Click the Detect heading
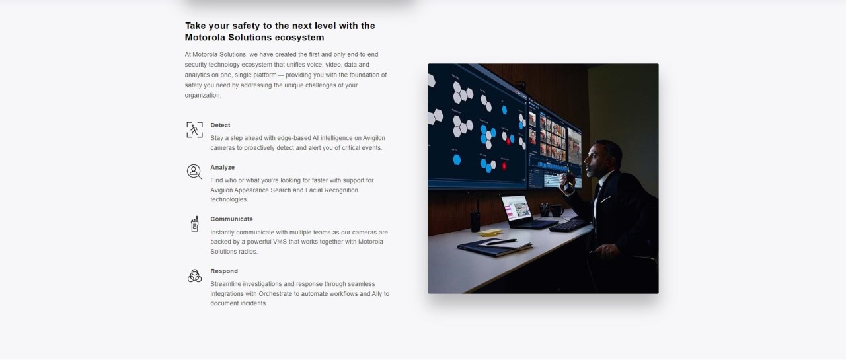220,126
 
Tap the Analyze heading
223,168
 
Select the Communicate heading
231,219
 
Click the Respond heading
224,271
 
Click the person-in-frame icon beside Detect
194,130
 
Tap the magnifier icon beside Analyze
194,172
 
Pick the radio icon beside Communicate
194,224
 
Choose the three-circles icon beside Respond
194,276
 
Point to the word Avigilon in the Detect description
374,138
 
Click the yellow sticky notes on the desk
490,233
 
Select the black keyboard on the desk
568,225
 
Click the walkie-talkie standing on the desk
475,217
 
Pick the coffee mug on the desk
556,210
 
